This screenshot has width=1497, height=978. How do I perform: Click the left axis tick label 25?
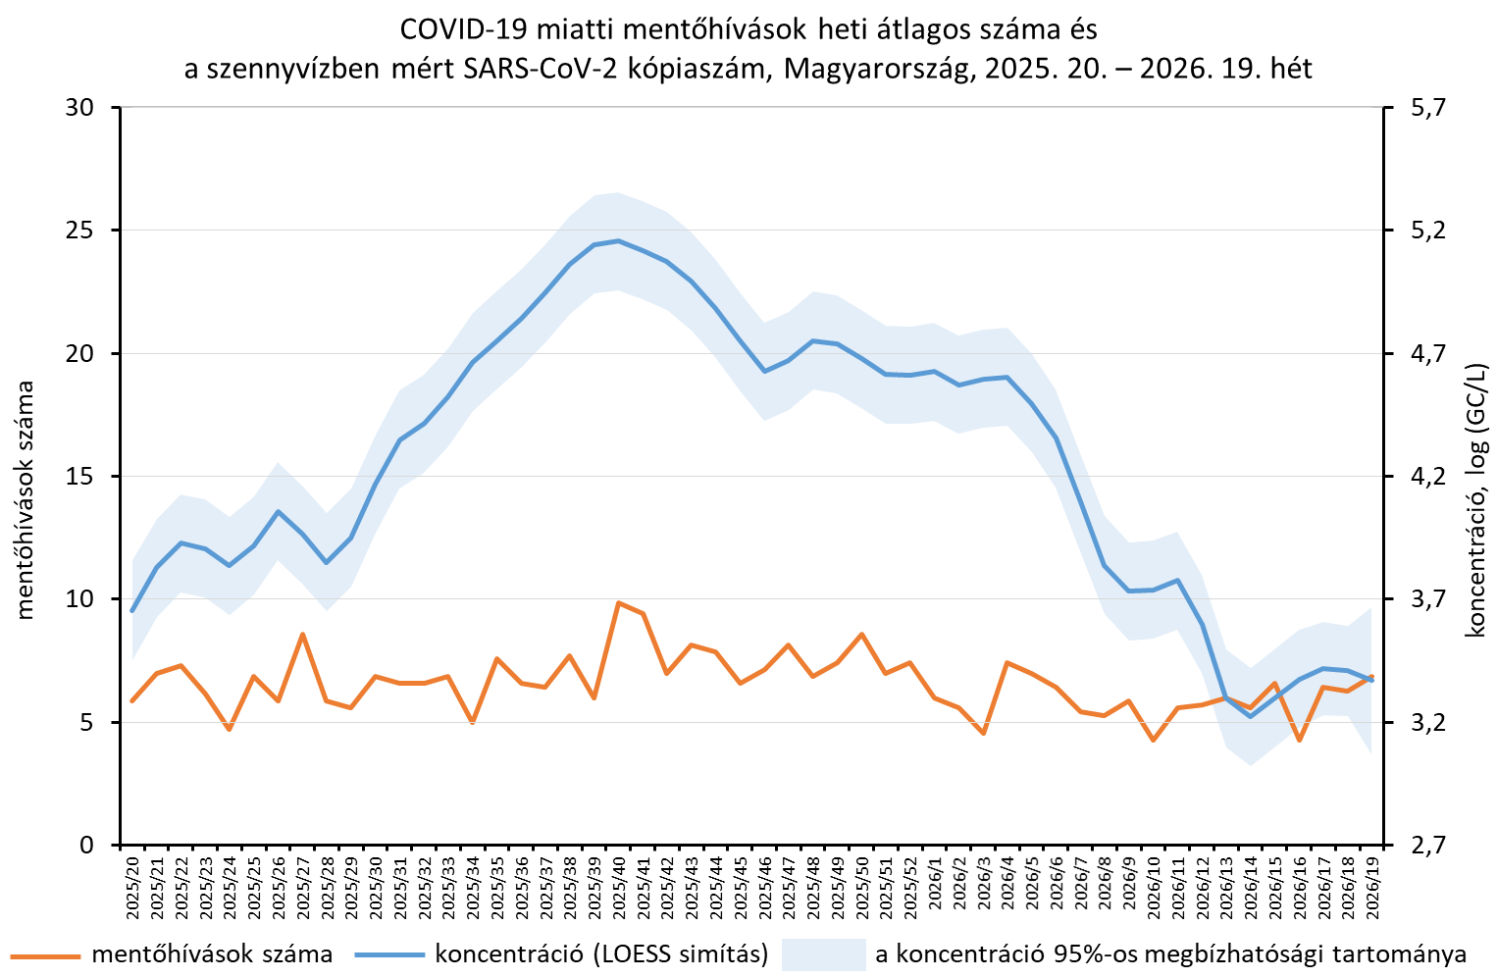coord(80,230)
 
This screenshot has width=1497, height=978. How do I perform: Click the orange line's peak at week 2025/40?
coord(619,602)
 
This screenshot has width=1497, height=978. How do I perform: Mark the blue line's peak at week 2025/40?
coord(619,240)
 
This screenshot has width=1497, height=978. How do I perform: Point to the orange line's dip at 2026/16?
coord(1299,741)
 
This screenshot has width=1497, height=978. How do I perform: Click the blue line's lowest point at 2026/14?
coord(1251,717)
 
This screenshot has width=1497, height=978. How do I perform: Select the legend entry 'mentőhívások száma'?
coord(212,953)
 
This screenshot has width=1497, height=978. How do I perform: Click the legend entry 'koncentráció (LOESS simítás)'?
coord(601,954)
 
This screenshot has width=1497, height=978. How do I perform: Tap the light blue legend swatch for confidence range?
coord(823,954)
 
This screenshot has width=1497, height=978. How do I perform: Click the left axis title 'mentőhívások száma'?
coord(25,500)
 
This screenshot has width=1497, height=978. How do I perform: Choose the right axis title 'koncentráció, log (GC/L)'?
coord(1476,500)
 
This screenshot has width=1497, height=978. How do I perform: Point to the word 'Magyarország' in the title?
coord(875,70)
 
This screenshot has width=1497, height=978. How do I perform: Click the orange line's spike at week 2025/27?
coord(303,634)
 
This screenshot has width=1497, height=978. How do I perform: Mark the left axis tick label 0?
coord(87,845)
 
